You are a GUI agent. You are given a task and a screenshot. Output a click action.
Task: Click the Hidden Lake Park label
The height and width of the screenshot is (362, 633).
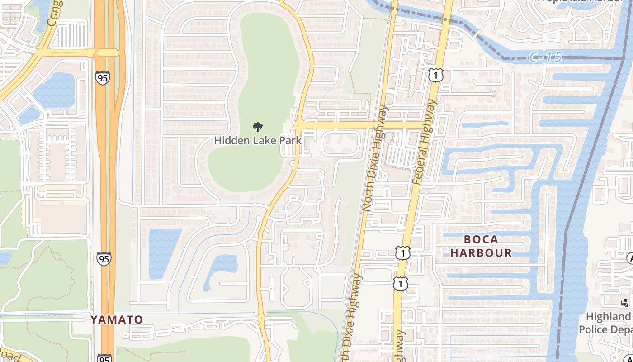pyautogui.click(x=258, y=140)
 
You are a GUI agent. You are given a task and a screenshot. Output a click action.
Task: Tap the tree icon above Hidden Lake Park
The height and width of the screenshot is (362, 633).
pyautogui.click(x=258, y=127)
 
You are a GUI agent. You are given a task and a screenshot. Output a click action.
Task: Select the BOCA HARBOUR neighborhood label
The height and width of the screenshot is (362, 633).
pyautogui.click(x=481, y=246)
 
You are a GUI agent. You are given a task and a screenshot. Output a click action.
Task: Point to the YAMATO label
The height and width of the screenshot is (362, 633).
pyautogui.click(x=117, y=319)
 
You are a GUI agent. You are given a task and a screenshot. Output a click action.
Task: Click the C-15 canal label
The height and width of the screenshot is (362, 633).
pyautogui.click(x=545, y=57)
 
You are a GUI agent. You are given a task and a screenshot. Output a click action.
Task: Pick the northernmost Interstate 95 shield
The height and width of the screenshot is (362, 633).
pyautogui.click(x=103, y=78)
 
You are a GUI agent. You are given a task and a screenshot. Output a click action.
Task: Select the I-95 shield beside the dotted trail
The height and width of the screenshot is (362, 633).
pyautogui.click(x=104, y=259)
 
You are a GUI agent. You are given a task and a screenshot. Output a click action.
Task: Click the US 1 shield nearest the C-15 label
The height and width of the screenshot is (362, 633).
pyautogui.click(x=435, y=75)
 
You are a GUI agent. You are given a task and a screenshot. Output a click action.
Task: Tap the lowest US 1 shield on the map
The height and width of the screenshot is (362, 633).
pyautogui.click(x=400, y=283)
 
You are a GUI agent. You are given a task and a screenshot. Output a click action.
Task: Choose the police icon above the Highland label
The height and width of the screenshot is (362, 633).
pyautogui.click(x=625, y=303)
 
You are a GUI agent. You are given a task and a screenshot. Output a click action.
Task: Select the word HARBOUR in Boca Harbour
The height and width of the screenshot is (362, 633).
pyautogui.click(x=481, y=253)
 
